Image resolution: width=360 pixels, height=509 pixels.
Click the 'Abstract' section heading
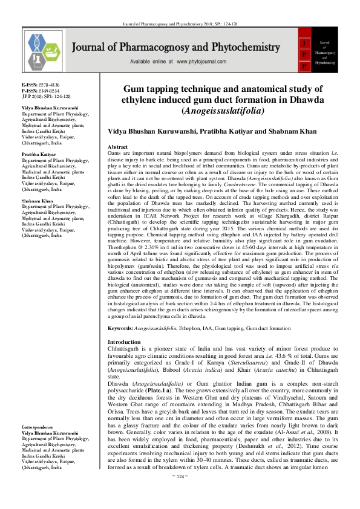pos(117,147)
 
